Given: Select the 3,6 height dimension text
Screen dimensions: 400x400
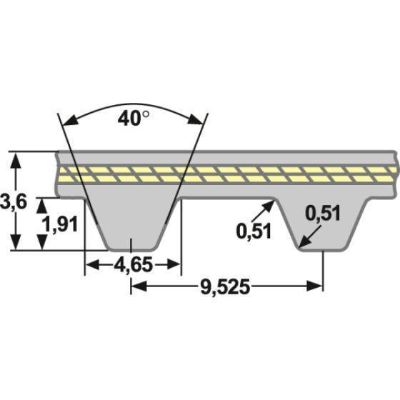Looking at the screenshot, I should click(x=13, y=201).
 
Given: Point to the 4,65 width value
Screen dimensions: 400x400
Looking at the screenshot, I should click(x=133, y=265).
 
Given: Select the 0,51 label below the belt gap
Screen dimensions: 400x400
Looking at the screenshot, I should click(x=254, y=231).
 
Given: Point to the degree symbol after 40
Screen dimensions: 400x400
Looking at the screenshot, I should click(x=146, y=114).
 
